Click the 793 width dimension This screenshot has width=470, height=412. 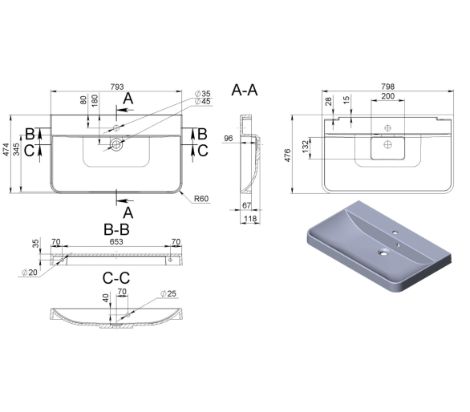click(117, 87)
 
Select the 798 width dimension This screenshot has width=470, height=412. click(387, 87)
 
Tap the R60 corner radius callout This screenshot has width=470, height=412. click(201, 199)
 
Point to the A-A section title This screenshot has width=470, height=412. click(245, 90)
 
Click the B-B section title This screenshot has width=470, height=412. click(116, 229)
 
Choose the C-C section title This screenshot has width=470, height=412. click(116, 278)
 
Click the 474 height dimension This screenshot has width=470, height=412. click(6, 150)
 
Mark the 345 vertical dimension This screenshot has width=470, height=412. click(17, 149)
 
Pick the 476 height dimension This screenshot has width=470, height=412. click(287, 156)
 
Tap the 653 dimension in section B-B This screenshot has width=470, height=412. click(116, 241)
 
